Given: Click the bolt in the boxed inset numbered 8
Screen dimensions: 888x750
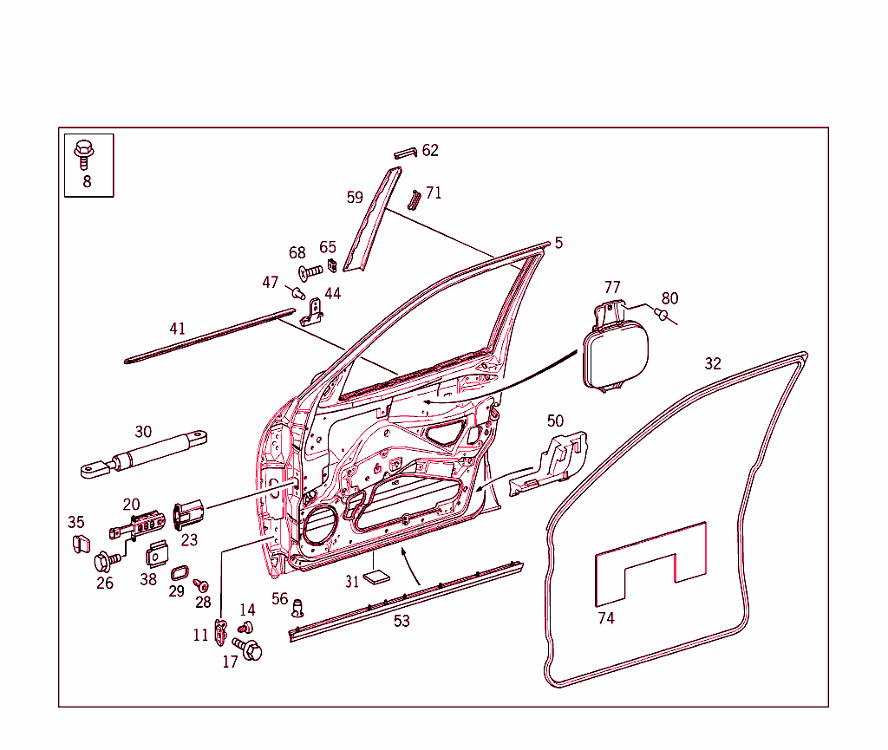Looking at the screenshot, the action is tap(84, 154).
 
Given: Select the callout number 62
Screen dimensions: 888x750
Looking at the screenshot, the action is tap(430, 150).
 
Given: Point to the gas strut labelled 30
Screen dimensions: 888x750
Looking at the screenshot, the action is tap(143, 454).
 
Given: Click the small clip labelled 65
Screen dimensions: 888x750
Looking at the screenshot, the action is tap(332, 264).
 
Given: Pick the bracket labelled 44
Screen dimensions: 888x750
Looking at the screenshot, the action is tap(311, 313).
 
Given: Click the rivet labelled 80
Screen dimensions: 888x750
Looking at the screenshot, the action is tap(661, 314).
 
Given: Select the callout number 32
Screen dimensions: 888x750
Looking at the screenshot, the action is tap(713, 363).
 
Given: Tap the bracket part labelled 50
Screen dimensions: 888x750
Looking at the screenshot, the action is tap(548, 464).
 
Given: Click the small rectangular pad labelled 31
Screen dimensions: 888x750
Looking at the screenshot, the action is tap(376, 577).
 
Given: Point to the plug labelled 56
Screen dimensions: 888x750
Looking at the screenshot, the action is tap(297, 608).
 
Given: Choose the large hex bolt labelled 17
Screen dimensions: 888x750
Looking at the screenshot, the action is tap(247, 649).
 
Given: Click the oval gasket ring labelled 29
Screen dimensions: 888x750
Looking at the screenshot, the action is tap(180, 573).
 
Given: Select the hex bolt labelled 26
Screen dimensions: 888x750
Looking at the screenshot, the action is tap(107, 561).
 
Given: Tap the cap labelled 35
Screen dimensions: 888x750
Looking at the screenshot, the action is tap(81, 544).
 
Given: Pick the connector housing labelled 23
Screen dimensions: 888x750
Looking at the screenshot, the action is tap(188, 514).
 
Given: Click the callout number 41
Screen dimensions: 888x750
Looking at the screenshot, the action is tap(177, 329).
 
